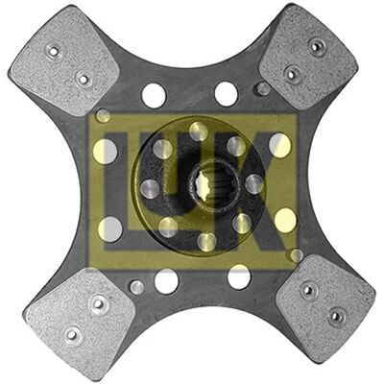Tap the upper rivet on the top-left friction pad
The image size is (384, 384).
click(x=55, y=51)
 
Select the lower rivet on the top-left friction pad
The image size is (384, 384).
click(x=84, y=79)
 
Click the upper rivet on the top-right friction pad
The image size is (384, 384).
click(x=316, y=47)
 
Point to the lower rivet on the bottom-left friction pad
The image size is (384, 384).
click(x=72, y=335)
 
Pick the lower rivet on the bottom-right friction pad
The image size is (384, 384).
click(x=336, y=316)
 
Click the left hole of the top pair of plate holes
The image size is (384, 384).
click(x=154, y=95)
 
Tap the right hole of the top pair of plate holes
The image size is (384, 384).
click(x=227, y=94)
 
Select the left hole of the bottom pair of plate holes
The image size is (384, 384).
click(x=166, y=281)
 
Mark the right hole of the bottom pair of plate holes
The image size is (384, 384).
click(x=239, y=276)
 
